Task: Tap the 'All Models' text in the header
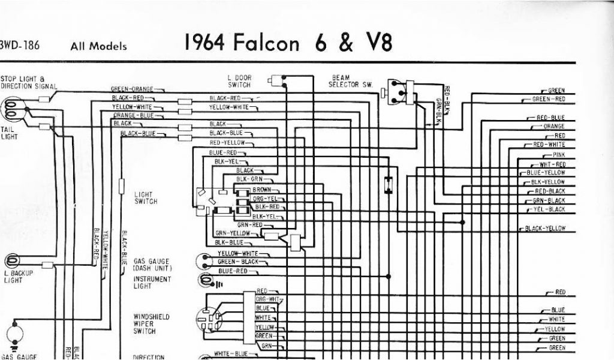coord(98,46)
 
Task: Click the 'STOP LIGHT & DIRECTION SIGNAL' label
coord(28,82)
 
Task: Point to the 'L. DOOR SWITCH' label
coord(239,82)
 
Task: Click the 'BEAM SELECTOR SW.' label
coord(350,82)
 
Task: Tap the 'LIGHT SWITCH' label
coord(146,198)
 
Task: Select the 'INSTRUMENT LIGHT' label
coord(152,283)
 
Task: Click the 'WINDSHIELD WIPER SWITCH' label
coord(152,323)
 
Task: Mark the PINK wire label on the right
coord(559,155)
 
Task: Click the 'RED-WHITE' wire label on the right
coord(550,145)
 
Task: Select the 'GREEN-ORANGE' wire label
coord(133,89)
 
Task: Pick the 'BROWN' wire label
coord(261,189)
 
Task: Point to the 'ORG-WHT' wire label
coord(268,299)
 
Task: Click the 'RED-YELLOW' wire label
coord(227,143)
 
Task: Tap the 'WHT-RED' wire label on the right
coord(552,164)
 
